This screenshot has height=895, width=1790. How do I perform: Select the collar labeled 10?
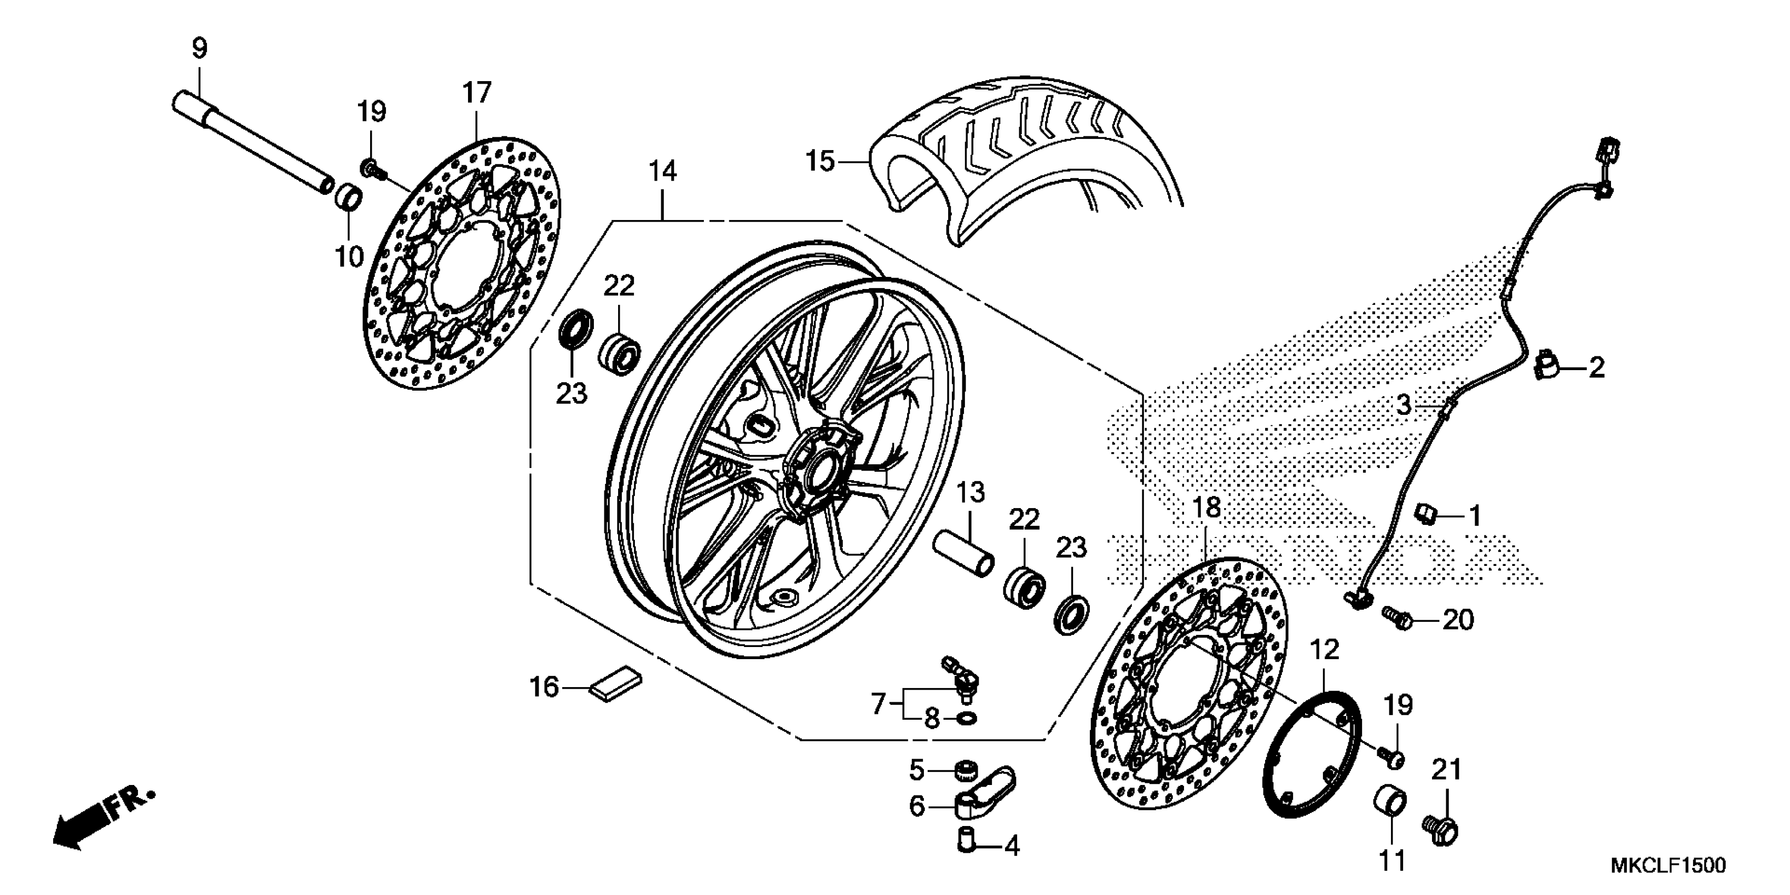(350, 197)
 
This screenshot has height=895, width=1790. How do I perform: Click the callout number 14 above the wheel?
(663, 171)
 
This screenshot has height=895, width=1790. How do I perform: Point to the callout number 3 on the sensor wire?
(1404, 405)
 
